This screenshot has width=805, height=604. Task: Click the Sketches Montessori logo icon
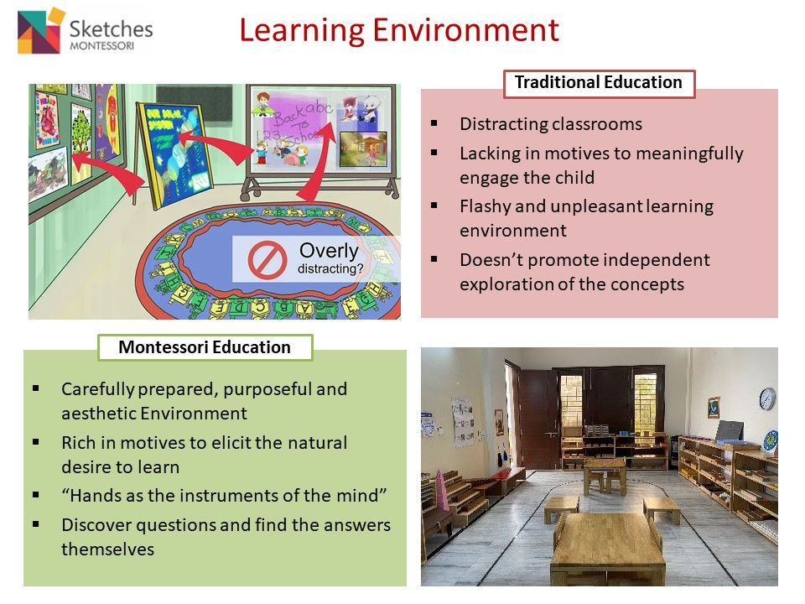coord(42,31)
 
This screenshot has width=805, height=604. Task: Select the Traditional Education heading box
coord(599,83)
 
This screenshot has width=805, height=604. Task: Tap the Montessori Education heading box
coord(205,347)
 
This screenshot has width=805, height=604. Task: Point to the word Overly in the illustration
coord(329,251)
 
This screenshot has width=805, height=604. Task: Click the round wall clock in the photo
coord(766,398)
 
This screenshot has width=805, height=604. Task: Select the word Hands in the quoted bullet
coord(96,495)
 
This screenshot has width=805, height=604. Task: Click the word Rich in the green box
coord(78,442)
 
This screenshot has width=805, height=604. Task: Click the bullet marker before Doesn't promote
coord(434,258)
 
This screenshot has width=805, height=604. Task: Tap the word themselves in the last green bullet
coord(107,549)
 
